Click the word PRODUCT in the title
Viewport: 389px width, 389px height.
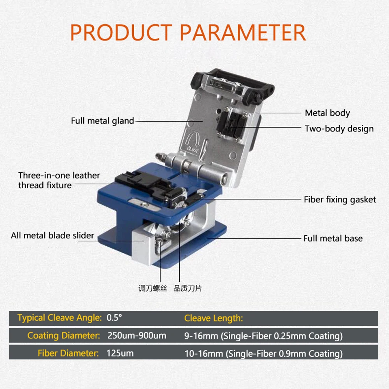[x=121, y=33]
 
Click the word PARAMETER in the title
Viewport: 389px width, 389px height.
[x=243, y=33]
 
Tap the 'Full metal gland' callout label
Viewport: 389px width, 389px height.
[x=102, y=121]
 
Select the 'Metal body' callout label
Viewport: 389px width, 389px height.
[x=327, y=113]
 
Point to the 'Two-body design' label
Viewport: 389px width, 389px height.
[x=339, y=129]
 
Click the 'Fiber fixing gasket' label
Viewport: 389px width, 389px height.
[x=340, y=200]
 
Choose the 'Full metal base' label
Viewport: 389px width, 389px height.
[x=333, y=238]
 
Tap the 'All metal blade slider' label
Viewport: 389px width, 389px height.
[x=53, y=235]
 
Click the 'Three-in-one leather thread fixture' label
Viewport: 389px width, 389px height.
[x=59, y=180]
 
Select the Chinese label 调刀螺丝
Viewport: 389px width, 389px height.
[x=152, y=289]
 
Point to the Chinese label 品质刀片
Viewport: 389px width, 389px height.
[x=187, y=289]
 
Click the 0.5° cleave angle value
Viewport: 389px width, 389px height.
[x=114, y=318]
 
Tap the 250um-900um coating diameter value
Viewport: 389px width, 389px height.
[x=137, y=335]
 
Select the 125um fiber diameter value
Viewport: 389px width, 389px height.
[x=120, y=353]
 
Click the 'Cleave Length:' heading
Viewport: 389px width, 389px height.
[x=214, y=318]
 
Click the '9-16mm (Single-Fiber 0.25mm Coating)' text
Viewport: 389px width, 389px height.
[x=263, y=336]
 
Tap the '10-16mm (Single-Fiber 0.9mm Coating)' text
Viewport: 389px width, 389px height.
[x=263, y=354]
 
